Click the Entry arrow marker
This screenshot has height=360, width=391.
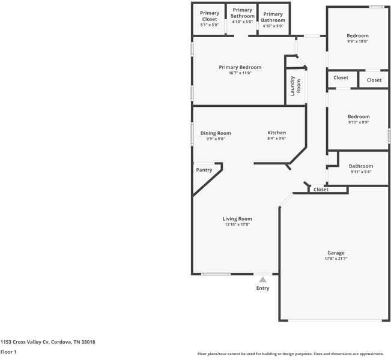(262, 279)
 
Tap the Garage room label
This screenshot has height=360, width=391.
(336, 253)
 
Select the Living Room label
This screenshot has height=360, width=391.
(237, 219)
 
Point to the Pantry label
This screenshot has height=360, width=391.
(204, 170)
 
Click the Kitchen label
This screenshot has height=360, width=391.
(276, 133)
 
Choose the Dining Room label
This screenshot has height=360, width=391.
(216, 133)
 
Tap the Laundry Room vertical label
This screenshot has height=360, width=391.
(292, 86)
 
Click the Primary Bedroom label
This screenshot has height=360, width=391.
(240, 67)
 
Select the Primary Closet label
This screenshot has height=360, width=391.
(210, 16)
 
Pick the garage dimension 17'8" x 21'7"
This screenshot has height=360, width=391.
(336, 259)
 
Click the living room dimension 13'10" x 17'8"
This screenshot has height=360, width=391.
(237, 225)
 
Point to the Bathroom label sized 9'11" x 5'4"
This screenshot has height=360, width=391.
(361, 166)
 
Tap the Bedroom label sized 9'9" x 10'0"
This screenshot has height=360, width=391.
(357, 36)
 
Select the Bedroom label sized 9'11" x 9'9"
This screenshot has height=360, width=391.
(359, 116)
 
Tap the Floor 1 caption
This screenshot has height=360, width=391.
(8, 352)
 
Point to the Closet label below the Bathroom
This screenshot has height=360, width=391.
(321, 190)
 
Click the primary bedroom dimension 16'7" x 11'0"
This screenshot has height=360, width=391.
(240, 73)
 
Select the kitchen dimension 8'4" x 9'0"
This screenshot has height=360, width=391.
(276, 139)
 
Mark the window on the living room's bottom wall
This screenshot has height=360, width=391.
(216, 274)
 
